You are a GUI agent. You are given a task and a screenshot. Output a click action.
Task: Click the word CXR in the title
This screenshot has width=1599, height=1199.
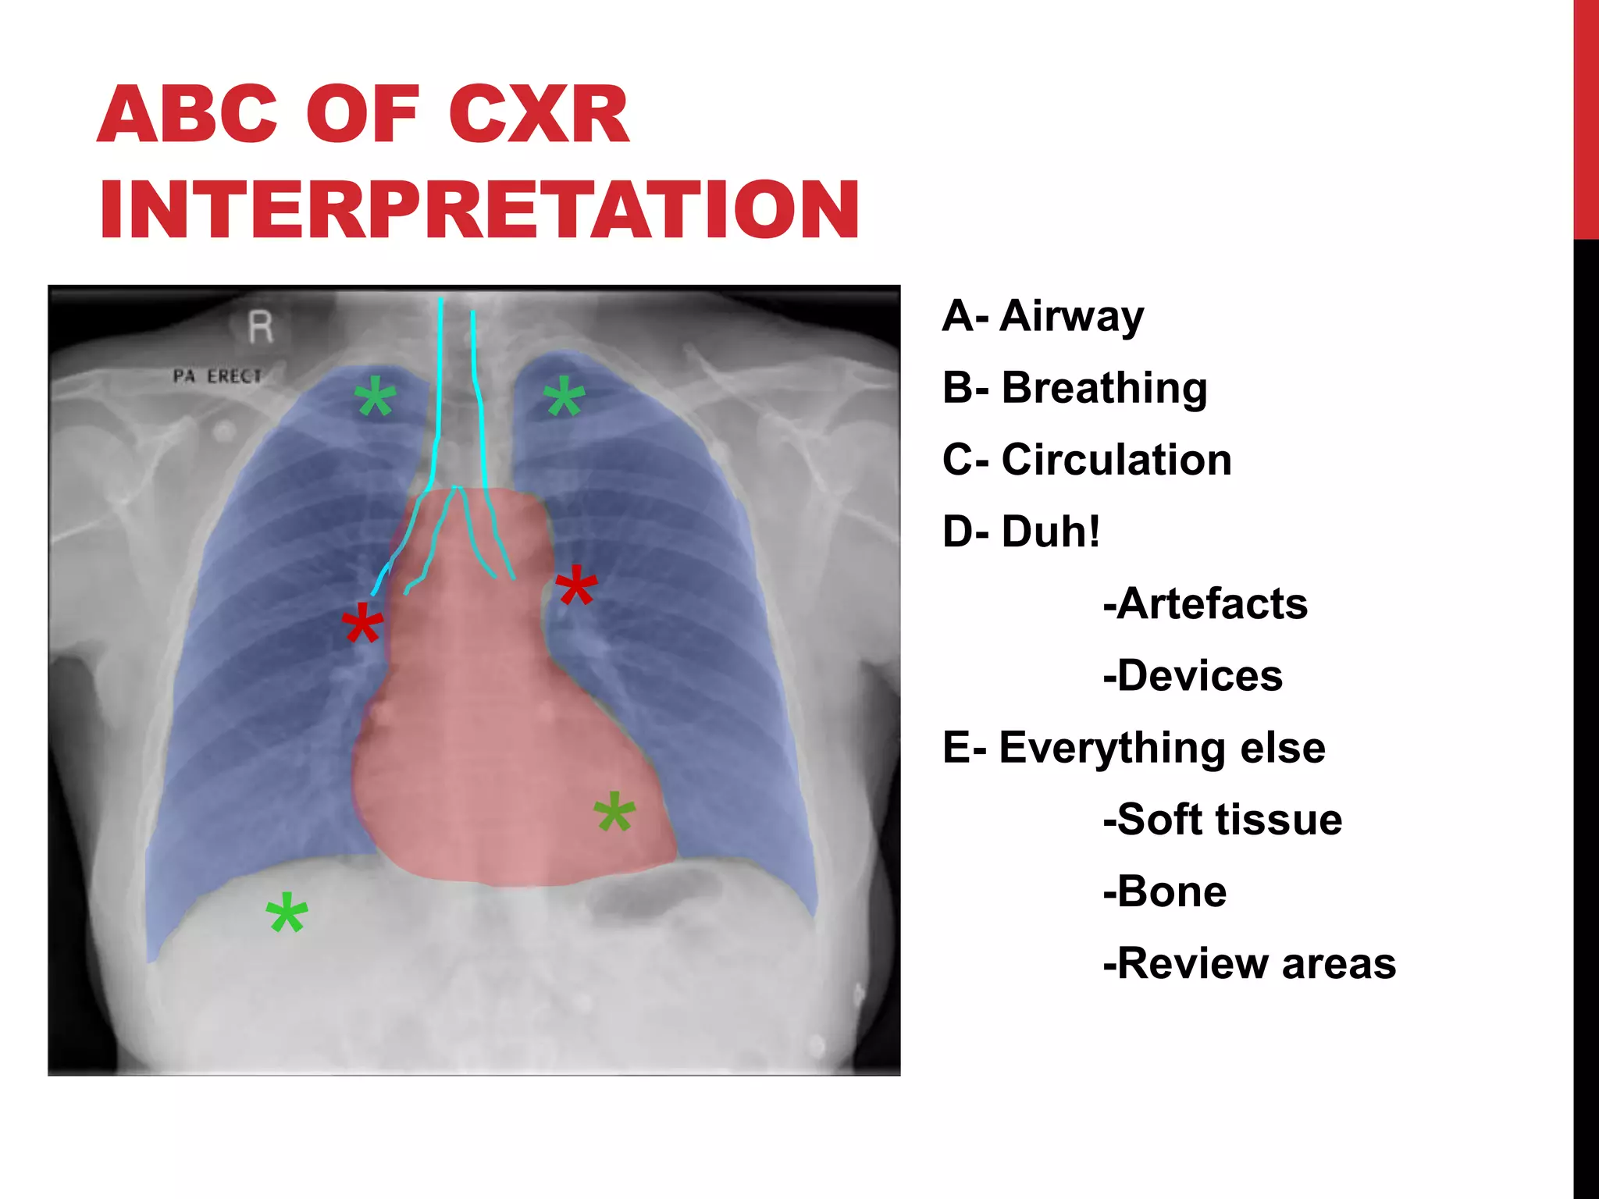click(539, 115)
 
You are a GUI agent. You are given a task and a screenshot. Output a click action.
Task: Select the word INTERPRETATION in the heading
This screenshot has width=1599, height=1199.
click(479, 210)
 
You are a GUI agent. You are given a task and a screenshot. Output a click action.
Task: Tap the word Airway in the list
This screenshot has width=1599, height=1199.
click(1071, 317)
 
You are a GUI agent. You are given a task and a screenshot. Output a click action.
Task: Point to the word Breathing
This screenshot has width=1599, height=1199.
click(1104, 388)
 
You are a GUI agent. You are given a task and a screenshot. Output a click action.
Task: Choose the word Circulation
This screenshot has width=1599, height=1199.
click(1116, 460)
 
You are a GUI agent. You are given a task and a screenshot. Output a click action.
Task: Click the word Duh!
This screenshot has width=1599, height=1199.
click(1051, 532)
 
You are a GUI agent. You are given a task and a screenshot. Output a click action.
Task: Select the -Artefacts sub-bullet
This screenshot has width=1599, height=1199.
click(1205, 603)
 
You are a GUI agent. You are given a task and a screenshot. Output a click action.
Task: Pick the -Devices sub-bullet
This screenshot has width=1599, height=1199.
click(1192, 675)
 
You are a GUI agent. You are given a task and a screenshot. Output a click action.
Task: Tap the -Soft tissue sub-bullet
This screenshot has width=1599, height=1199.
click(1222, 820)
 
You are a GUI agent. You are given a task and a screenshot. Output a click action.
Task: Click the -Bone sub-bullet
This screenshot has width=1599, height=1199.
click(1164, 891)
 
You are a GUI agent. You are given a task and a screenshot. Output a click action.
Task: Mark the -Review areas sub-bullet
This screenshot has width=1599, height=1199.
click(1249, 963)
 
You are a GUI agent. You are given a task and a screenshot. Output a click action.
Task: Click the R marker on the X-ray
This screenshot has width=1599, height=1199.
click(261, 327)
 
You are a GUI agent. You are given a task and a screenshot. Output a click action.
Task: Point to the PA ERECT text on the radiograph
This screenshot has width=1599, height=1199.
click(217, 376)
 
